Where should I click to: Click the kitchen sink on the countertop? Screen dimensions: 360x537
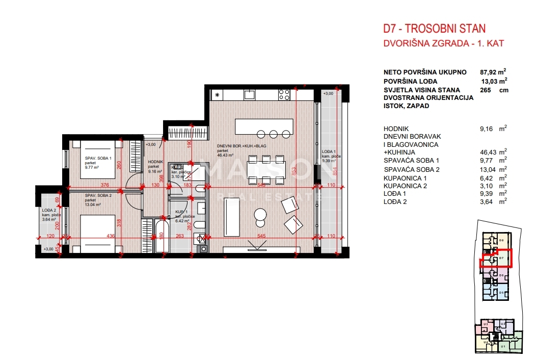[x=250, y=94]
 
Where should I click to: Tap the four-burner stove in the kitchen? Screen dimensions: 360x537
[x=284, y=94]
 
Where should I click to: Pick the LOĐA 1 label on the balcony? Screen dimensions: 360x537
[x=328, y=152]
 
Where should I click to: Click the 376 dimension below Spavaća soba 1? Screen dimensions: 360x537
[x=105, y=185]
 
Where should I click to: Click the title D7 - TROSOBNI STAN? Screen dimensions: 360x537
[x=434, y=29]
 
